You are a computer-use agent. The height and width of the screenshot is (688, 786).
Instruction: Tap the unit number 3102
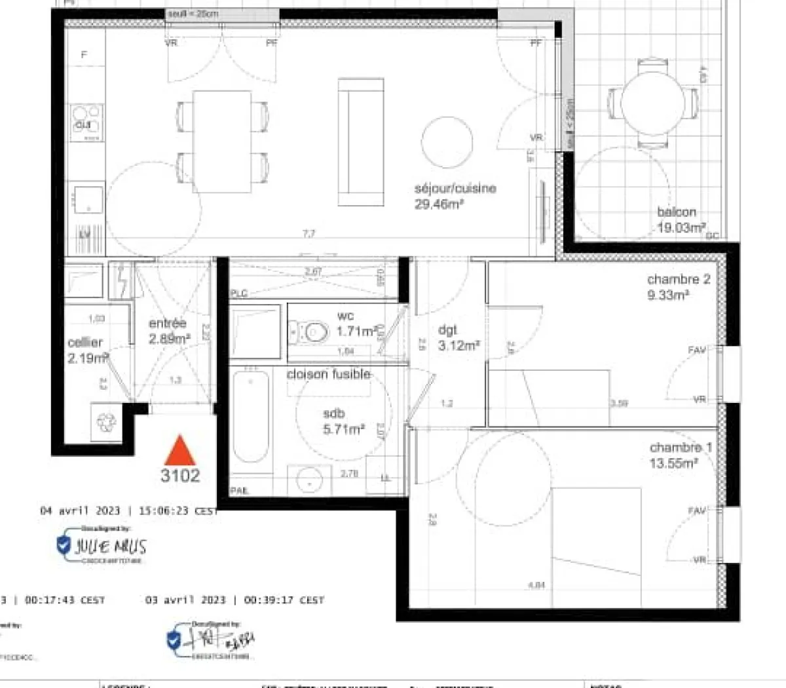click(180, 476)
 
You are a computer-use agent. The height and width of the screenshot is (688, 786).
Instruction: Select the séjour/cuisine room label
click(455, 189)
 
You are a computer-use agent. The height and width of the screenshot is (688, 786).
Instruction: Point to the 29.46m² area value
click(439, 204)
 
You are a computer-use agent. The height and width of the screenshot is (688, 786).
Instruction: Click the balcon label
click(677, 212)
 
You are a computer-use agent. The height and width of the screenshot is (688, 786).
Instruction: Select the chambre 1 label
click(681, 448)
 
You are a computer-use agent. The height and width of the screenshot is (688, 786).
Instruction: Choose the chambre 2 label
click(679, 280)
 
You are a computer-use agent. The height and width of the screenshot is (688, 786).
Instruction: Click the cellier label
click(85, 343)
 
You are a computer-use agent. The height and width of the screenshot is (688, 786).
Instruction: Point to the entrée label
click(168, 324)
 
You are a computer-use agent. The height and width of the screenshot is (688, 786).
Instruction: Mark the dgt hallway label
click(447, 330)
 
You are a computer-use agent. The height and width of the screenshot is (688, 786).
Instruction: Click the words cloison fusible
click(329, 375)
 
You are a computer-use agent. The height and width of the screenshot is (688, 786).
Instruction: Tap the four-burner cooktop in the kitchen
click(87, 122)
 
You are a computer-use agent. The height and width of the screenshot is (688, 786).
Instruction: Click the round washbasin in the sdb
click(309, 480)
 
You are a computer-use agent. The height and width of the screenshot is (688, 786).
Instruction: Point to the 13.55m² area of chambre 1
click(673, 464)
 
